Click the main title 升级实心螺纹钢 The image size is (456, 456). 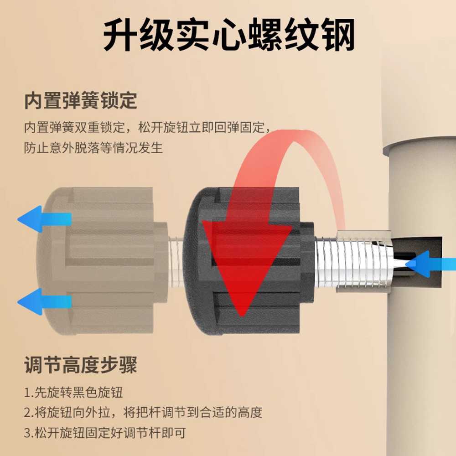229,34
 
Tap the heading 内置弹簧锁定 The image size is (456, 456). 81,101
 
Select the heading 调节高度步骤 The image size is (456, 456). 81,365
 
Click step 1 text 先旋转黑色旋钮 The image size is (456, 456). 73,392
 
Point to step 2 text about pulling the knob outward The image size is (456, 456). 143,412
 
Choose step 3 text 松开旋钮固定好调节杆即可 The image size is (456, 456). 105,433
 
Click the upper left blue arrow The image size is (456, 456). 44,219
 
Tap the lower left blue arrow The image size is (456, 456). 44,301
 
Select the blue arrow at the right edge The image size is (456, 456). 430,264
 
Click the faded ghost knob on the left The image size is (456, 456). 102,261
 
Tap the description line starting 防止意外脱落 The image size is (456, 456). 93,148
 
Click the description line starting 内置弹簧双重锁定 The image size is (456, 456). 147,127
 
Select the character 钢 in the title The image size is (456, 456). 338,34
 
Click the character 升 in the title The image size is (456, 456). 120,34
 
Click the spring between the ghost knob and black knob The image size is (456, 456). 176,262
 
